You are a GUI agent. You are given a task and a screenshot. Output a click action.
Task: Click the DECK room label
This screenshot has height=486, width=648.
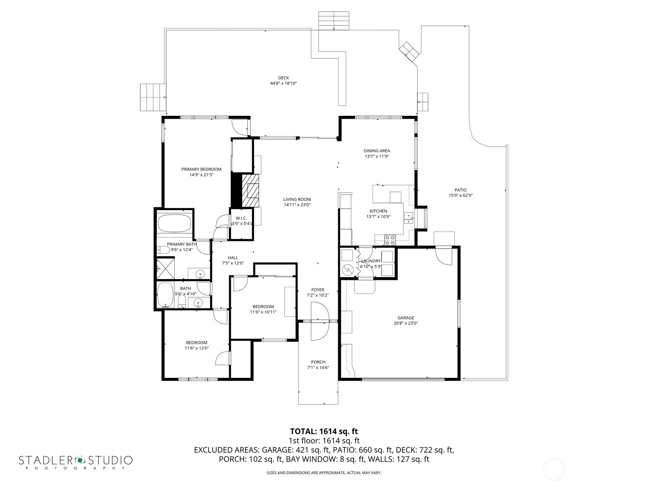283,78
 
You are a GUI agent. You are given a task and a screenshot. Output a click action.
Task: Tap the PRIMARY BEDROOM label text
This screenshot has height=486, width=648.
201,169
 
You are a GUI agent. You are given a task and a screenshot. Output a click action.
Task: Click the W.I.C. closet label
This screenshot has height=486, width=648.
241,218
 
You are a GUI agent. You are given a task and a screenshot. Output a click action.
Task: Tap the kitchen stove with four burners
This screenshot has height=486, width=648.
390,240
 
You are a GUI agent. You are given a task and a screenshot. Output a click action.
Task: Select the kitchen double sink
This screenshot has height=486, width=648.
409,218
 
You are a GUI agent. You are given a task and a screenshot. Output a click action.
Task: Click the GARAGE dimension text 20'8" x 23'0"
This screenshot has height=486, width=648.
405,323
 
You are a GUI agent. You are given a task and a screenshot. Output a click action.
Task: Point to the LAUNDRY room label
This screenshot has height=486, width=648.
371,261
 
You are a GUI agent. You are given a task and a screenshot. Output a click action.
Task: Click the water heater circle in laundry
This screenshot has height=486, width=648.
347,269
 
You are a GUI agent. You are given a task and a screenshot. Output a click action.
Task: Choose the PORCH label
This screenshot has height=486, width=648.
318,362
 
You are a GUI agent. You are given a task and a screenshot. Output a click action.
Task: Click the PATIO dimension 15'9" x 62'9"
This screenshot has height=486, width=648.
460,195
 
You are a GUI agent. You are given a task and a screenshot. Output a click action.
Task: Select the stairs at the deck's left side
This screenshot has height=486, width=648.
153,97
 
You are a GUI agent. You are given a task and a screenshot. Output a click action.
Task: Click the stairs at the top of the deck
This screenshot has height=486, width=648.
333,20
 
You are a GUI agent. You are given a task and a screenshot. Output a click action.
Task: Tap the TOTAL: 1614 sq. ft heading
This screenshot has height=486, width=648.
324,431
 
